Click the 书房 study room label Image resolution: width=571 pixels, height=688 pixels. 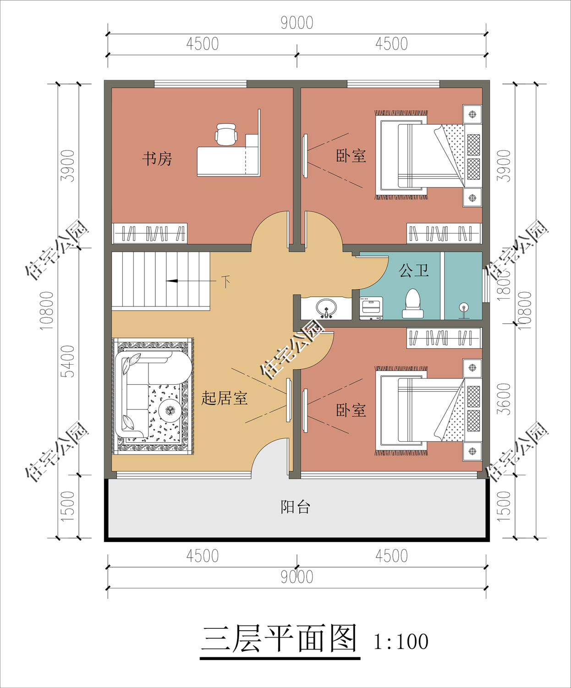point(157,159)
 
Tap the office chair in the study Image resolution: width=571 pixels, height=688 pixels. point(226,134)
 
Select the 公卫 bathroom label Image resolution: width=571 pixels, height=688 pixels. point(414,271)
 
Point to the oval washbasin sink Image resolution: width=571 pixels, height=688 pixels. point(326,307)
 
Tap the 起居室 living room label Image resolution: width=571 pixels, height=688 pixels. point(225,398)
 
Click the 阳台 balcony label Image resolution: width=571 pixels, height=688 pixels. point(296,507)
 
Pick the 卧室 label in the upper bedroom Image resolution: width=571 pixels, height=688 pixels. point(351,156)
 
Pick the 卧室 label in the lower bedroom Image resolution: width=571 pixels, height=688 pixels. point(351,410)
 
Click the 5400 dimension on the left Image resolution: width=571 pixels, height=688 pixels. point(68,361)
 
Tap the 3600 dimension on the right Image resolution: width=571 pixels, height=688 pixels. point(504,399)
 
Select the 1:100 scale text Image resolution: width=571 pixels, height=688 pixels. point(401,642)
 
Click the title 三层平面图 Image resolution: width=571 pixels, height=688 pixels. point(279,639)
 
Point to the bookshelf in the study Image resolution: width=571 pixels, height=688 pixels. point(150,233)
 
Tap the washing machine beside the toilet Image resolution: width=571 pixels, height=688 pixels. point(371,308)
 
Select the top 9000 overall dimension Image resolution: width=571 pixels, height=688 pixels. point(296,22)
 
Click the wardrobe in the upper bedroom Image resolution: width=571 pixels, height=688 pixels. point(444,233)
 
